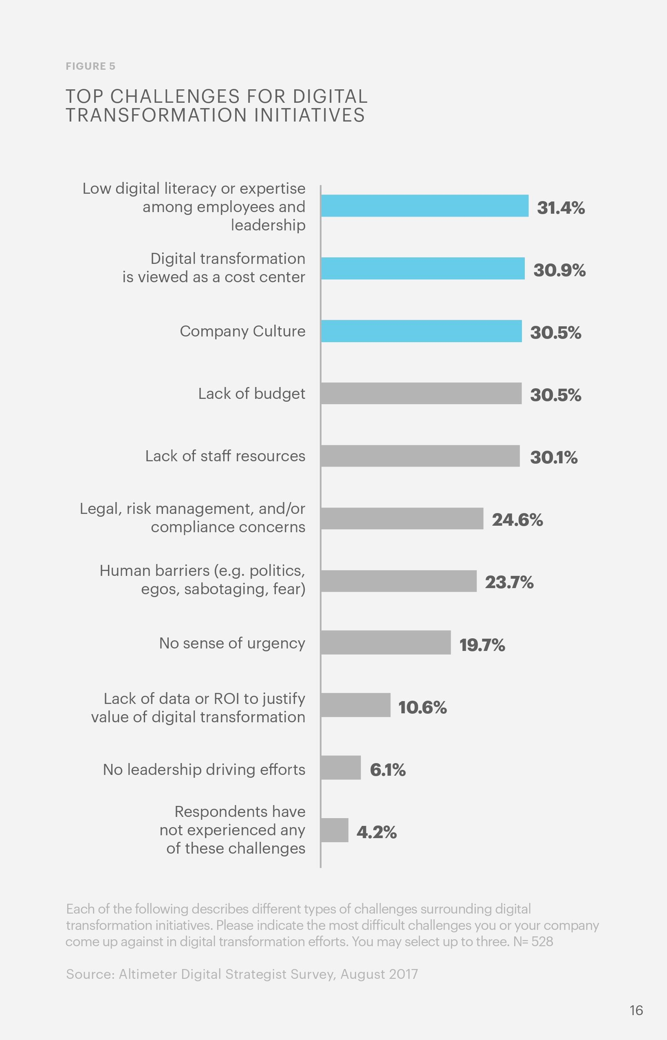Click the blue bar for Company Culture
pyautogui.click(x=421, y=331)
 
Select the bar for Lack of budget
pyautogui.click(x=421, y=393)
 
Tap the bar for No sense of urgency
pyautogui.click(x=386, y=642)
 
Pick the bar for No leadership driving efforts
pyautogui.click(x=341, y=768)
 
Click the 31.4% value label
pyautogui.click(x=561, y=208)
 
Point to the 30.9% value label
pyautogui.click(x=559, y=270)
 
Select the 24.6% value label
pyautogui.click(x=517, y=519)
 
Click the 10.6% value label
pyautogui.click(x=422, y=707)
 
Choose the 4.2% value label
pyautogui.click(x=376, y=832)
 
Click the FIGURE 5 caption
pyautogui.click(x=90, y=66)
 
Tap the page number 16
pyautogui.click(x=636, y=1010)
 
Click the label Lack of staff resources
pyautogui.click(x=225, y=456)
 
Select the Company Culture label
pyautogui.click(x=242, y=331)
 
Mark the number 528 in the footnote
pyautogui.click(x=542, y=942)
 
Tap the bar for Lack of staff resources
pyautogui.click(x=420, y=456)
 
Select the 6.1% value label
pyautogui.click(x=387, y=770)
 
